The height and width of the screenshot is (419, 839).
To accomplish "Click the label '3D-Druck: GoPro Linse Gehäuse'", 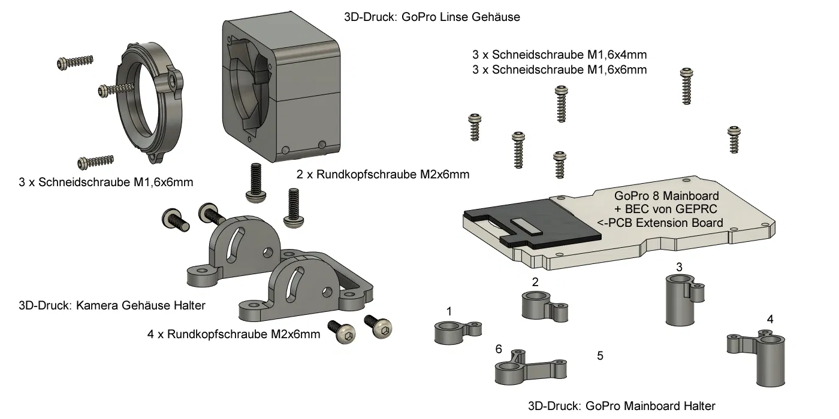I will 432,17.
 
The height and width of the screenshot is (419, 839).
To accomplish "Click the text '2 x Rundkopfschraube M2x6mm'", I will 383,175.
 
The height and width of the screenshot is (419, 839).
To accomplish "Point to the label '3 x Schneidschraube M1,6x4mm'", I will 560,54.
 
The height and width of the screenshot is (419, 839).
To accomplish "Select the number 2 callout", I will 535,281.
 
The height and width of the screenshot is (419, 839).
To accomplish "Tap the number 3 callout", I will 678,266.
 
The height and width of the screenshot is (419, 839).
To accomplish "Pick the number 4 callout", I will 770,319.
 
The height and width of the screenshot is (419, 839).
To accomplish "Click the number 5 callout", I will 600,356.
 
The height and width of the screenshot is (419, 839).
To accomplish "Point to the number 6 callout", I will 499,349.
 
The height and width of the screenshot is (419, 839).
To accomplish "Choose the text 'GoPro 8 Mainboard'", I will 666,196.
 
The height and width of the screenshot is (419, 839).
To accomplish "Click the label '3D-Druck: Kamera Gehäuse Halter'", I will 112,305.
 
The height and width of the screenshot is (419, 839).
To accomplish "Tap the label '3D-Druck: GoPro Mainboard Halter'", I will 621,406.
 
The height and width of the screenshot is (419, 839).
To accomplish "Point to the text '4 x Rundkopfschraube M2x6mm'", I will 234,334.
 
